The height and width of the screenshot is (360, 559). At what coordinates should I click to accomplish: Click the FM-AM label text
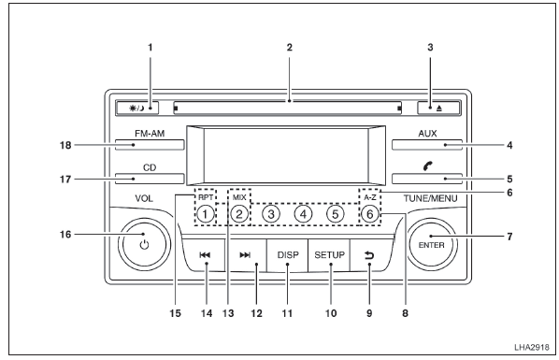tap(150, 134)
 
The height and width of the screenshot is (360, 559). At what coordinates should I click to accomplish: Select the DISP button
tap(288, 255)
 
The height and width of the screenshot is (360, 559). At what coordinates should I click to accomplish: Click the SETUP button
tap(329, 255)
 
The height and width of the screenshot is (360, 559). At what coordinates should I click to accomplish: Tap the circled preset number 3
tap(271, 214)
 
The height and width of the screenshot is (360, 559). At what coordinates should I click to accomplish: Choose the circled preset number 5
tap(335, 214)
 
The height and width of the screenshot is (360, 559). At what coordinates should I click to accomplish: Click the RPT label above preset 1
tap(206, 197)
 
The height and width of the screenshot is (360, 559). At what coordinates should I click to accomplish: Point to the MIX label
tap(239, 197)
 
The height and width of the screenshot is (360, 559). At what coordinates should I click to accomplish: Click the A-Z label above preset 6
tap(370, 197)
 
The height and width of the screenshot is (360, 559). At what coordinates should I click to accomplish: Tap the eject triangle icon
tap(439, 108)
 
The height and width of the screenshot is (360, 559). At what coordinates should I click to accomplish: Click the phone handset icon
tap(428, 166)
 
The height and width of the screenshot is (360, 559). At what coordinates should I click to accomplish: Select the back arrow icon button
tap(369, 255)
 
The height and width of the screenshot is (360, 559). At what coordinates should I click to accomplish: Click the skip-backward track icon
tap(205, 254)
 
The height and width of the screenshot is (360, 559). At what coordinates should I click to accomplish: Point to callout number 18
tap(65, 145)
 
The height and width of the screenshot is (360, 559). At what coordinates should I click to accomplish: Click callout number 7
tap(509, 237)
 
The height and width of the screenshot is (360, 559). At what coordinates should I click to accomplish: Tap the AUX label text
tap(427, 134)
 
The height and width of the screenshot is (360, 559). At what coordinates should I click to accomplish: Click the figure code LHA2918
tap(532, 347)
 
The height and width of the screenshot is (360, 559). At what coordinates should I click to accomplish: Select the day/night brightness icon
tap(137, 108)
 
